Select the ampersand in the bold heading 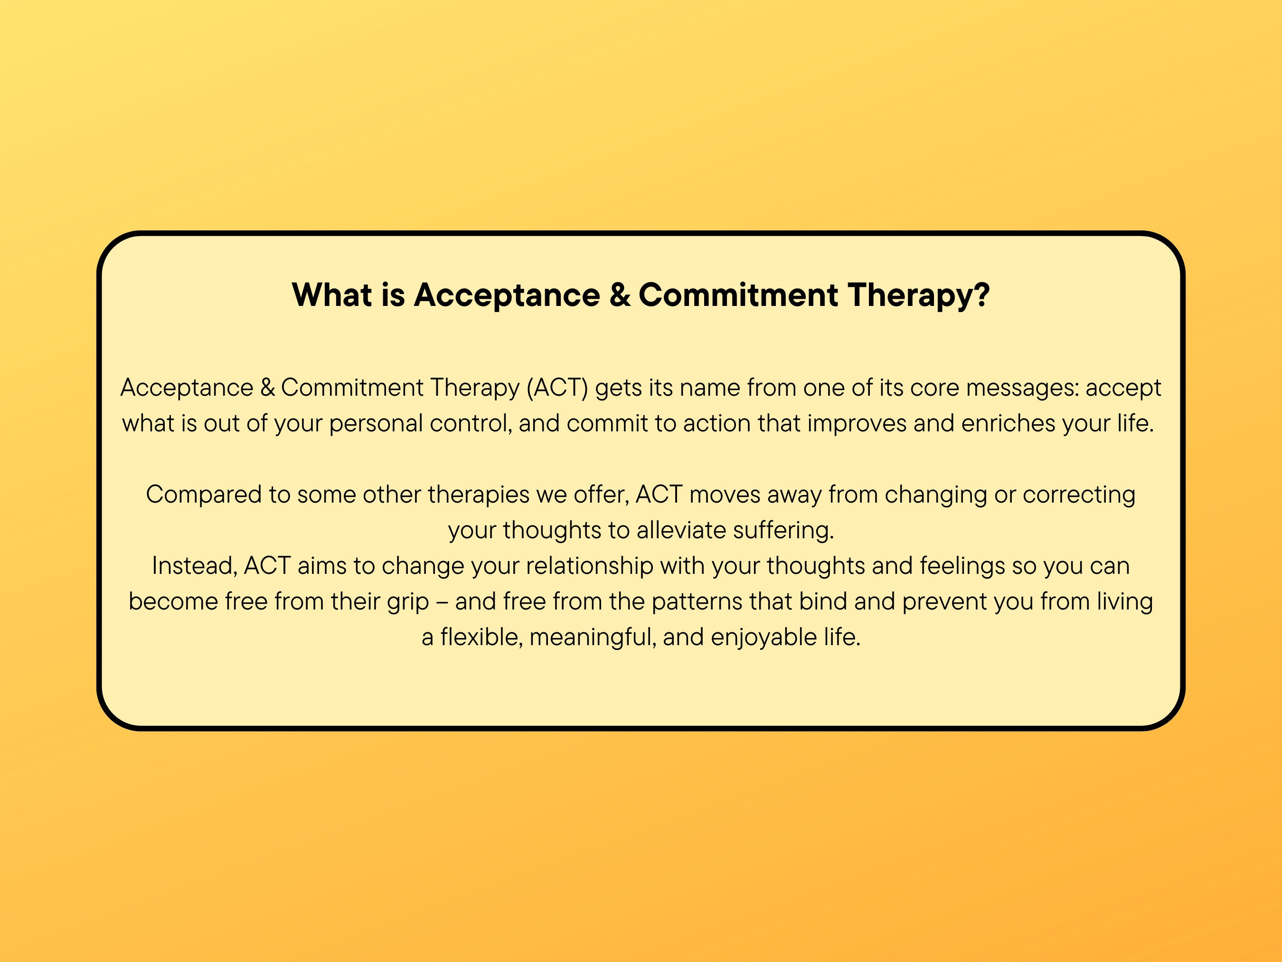coord(620,295)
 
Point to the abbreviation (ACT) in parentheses coord(557,387)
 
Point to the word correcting coord(1079,495)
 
